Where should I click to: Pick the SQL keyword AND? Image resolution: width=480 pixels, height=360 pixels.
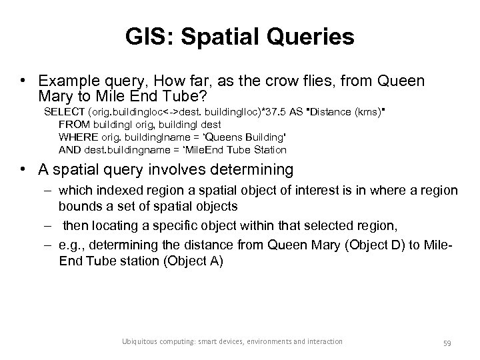click(x=69, y=149)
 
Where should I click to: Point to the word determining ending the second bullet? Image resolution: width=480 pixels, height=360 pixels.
click(x=252, y=170)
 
